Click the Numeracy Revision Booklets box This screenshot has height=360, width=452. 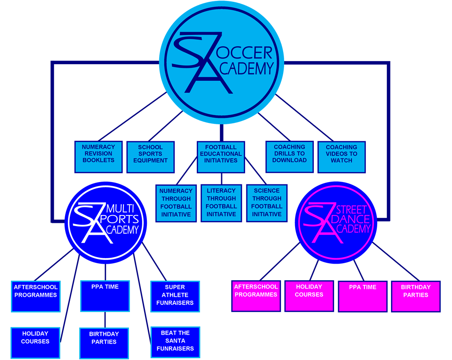pos(99,156)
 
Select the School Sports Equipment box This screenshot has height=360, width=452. pos(151,156)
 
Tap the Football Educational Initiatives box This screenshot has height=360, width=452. pos(221,156)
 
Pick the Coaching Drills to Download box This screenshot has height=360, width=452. pos(290,156)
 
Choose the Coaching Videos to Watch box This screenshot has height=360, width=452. pos(341,156)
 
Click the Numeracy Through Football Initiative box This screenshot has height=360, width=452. pos(176,203)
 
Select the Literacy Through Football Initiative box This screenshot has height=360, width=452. pos(221,203)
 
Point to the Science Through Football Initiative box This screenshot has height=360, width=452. pos(267,203)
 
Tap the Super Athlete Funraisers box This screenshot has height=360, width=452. pos(175,296)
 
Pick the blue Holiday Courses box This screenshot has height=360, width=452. pos(35,342)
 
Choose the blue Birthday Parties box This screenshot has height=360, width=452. pos(104,342)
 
